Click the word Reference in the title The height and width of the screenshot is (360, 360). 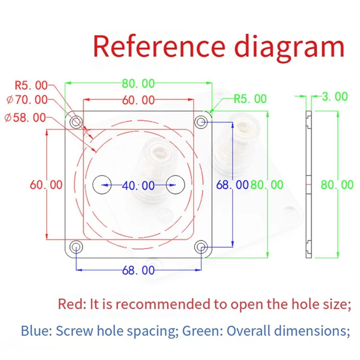pyautogui.click(x=159, y=46)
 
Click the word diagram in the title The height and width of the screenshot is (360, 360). pyautogui.click(x=289, y=49)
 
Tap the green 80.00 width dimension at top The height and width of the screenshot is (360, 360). pyautogui.click(x=138, y=83)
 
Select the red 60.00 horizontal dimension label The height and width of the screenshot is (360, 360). pyautogui.click(x=138, y=100)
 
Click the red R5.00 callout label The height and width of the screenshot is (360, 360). pyautogui.click(x=31, y=85)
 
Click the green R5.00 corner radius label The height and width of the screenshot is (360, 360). pyautogui.click(x=250, y=99)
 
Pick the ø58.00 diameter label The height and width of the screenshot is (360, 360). pyautogui.click(x=25, y=118)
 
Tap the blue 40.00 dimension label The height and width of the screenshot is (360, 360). pyautogui.click(x=138, y=185)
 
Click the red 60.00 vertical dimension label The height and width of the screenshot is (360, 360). pyautogui.click(x=46, y=185)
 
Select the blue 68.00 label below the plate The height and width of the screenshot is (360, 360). pyautogui.click(x=138, y=270)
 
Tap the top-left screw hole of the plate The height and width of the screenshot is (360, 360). pyautogui.click(x=76, y=122)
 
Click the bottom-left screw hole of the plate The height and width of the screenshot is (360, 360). pyautogui.click(x=76, y=247)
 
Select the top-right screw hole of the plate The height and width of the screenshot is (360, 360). pyautogui.click(x=201, y=122)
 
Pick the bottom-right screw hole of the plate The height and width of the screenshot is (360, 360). pyautogui.click(x=201, y=247)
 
